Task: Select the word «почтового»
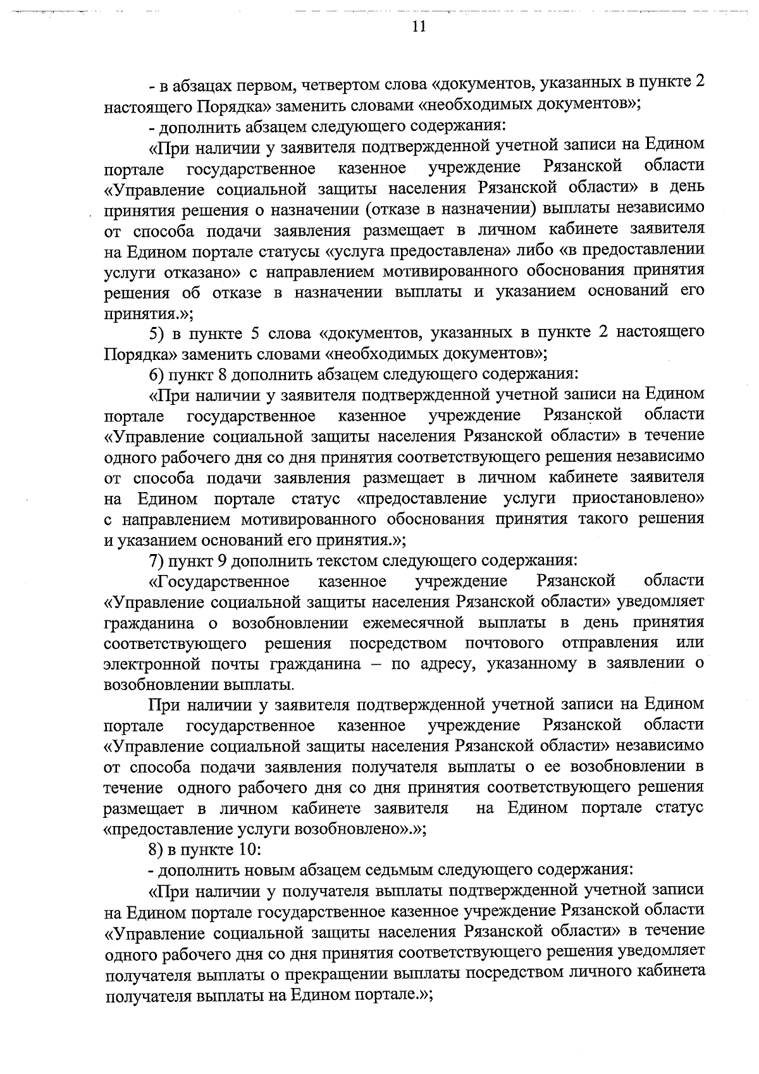click(x=504, y=643)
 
